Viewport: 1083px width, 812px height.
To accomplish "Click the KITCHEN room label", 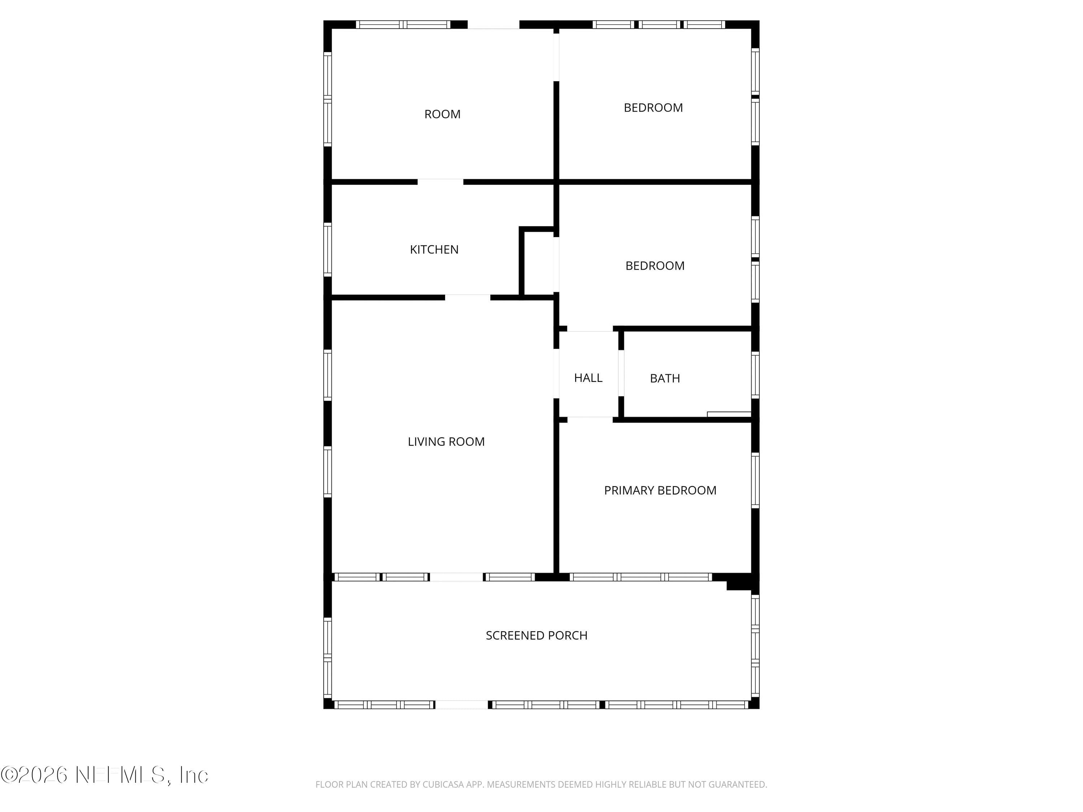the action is [x=434, y=250].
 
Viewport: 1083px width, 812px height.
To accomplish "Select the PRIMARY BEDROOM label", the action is [x=660, y=490].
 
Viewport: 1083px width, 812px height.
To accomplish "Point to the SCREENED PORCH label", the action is [x=536, y=635].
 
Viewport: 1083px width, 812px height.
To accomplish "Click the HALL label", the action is [x=588, y=378].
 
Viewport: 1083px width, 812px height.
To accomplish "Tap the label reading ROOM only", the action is [x=442, y=114].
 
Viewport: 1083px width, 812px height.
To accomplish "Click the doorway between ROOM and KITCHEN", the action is [x=440, y=182].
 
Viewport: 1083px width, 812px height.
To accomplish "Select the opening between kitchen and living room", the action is [x=467, y=297].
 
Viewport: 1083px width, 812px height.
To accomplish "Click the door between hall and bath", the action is [x=621, y=373].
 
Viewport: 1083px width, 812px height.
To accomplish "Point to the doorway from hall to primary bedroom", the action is [x=590, y=419].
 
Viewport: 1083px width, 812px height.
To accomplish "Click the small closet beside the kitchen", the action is [x=539, y=263].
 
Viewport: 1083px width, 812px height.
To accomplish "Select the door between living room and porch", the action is [x=456, y=577].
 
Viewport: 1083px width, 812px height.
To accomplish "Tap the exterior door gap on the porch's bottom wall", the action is [x=462, y=705].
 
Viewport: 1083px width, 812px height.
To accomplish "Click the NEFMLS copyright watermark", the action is [x=104, y=775].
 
